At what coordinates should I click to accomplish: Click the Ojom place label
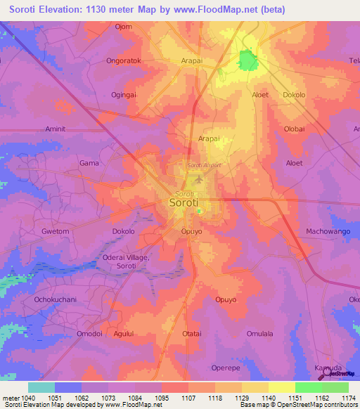coord(124,27)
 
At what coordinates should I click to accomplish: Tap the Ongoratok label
coord(124,60)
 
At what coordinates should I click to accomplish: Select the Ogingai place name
coord(123,94)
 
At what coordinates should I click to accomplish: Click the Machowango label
coord(328,231)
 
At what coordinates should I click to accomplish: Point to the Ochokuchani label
coord(54,299)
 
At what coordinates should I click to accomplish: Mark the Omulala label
coord(259,334)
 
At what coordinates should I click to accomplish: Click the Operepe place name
coord(226,368)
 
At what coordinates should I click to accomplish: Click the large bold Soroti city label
coord(188,202)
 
